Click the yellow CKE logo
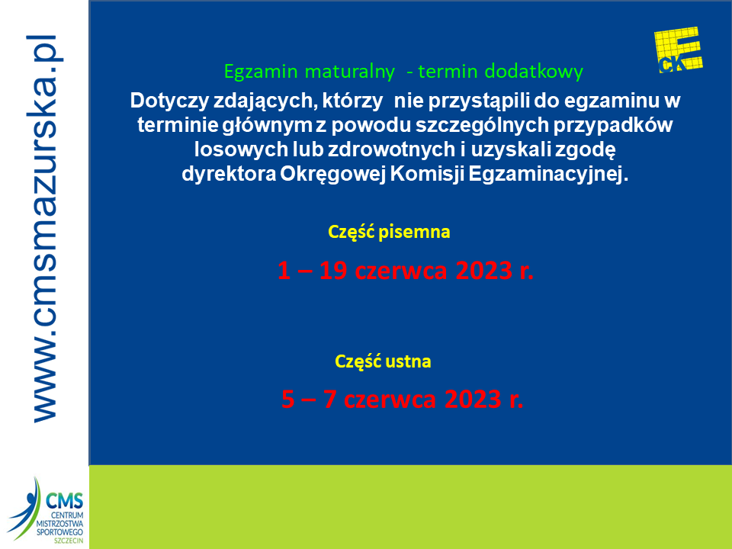tap(679, 50)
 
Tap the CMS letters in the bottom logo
tap(64, 502)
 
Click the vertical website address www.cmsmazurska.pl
tap(45, 228)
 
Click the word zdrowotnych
tap(392, 149)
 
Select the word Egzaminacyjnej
tap(548, 174)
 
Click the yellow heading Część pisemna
tap(389, 232)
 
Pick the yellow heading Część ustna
tap(383, 361)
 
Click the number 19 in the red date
tap(333, 270)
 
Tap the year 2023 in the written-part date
tap(484, 270)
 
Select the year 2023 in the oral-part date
tap(473, 399)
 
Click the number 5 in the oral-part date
tap(288, 399)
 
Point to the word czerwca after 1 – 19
tap(401, 271)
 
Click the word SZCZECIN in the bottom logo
tap(69, 541)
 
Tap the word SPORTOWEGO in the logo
tap(59, 532)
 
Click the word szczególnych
tap(482, 125)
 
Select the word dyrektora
tap(229, 174)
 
